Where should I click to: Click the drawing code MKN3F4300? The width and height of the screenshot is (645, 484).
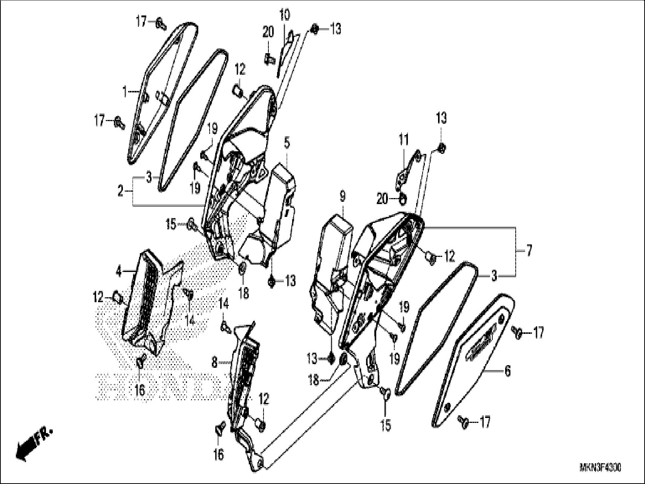tap(600, 468)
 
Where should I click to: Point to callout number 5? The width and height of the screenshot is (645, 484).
tap(287, 143)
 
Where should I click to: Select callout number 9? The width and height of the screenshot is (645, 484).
tap(342, 196)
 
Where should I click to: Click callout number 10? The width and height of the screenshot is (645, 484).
tap(285, 16)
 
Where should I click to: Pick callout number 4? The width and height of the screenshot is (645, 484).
tap(119, 271)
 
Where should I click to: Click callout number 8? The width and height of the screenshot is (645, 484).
tap(214, 363)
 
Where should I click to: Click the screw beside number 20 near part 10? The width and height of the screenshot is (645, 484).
tap(268, 59)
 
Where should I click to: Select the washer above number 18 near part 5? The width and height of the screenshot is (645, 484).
tap(243, 269)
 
